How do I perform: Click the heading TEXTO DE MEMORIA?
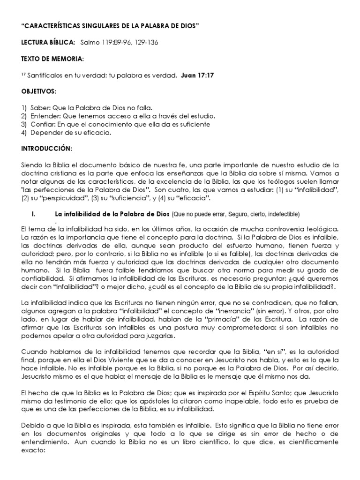point(52,60)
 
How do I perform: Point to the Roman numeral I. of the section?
point(33,214)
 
